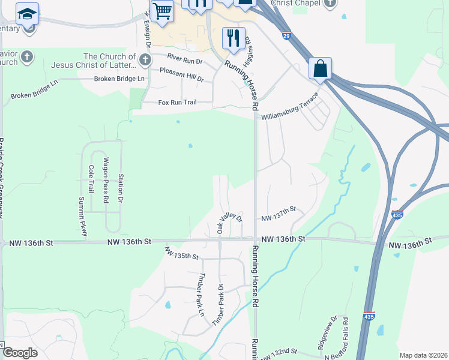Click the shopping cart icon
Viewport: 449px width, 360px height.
162,11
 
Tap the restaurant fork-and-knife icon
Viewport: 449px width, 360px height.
234,37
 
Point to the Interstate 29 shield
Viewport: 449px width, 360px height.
287,35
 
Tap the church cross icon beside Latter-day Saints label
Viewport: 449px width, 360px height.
145,59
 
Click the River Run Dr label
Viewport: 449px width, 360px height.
185,59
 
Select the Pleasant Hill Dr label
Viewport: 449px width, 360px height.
182,74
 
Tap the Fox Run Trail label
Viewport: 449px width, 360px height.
177,103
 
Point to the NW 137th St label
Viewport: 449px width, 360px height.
279,209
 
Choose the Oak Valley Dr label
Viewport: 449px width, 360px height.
229,223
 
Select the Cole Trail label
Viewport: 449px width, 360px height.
91,179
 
